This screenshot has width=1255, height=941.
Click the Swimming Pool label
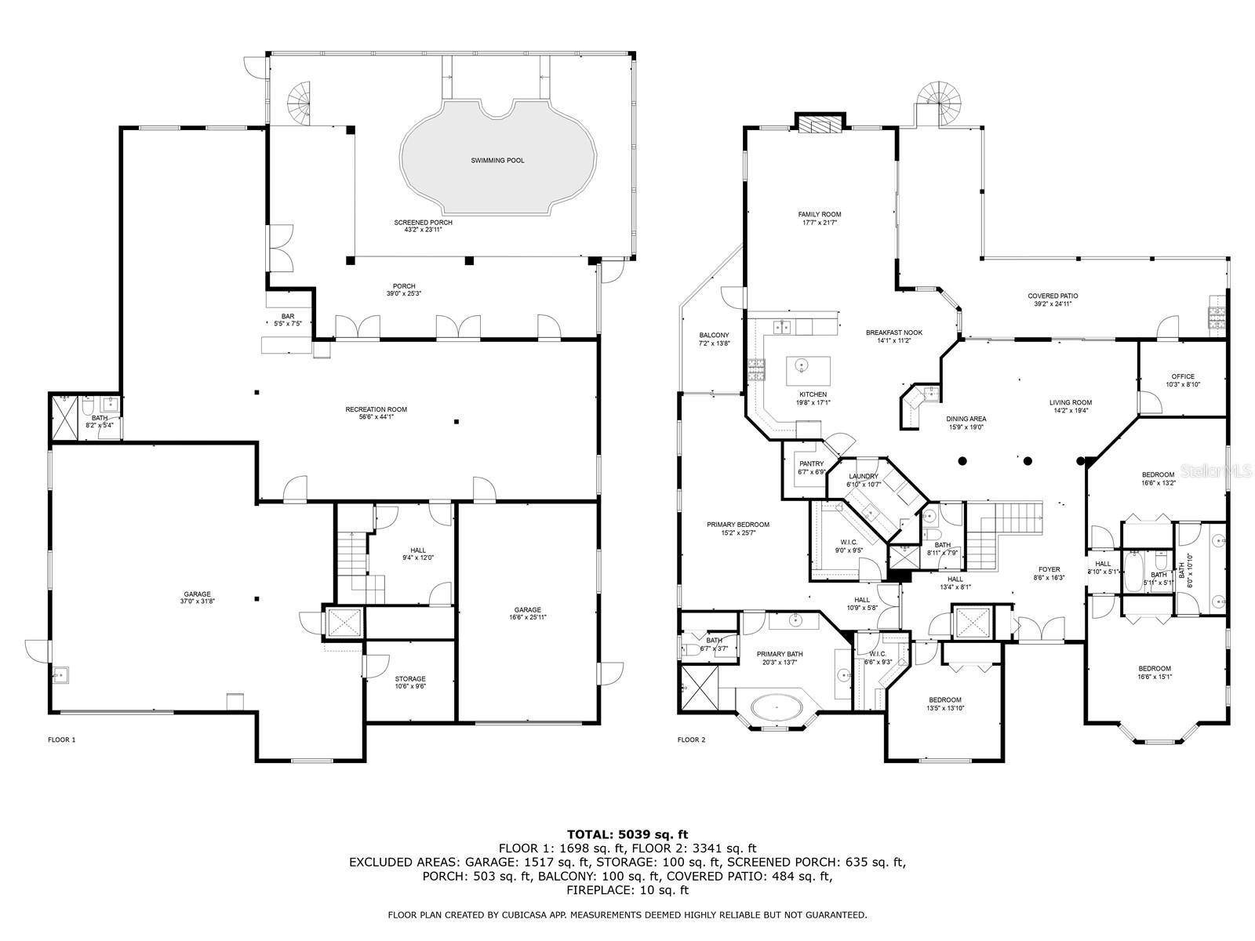(x=497, y=161)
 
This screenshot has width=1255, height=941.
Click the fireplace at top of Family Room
(x=820, y=125)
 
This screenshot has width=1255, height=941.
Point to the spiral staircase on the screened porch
(x=300, y=100)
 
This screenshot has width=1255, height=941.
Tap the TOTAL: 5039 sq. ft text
(x=627, y=834)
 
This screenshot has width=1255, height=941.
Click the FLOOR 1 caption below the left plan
(x=62, y=739)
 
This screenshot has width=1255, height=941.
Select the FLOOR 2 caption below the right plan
(x=691, y=739)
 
